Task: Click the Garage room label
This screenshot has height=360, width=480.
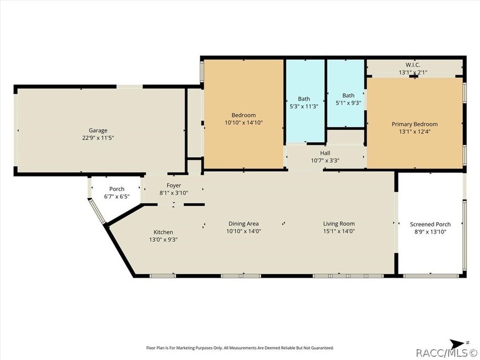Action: click(x=98, y=130)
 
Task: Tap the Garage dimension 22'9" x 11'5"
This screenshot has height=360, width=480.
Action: click(x=98, y=138)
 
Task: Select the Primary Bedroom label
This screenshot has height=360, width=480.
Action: click(x=414, y=124)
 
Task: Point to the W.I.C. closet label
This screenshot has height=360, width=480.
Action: click(x=413, y=65)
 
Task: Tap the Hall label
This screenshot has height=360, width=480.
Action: click(x=325, y=153)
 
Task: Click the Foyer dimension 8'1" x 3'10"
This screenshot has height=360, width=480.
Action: click(x=174, y=193)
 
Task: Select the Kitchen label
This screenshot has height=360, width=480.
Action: click(x=163, y=232)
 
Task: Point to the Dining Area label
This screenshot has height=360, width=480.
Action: click(x=243, y=224)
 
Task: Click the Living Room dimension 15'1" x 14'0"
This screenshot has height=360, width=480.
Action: click(x=339, y=231)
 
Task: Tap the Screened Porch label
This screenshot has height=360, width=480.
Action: click(x=430, y=225)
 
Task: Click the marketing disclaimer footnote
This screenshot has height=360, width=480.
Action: click(x=240, y=348)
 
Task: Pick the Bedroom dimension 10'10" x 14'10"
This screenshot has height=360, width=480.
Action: click(x=243, y=123)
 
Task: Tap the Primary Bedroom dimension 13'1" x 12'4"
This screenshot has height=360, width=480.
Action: click(x=414, y=131)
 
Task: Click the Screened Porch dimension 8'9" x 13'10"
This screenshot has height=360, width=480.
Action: click(x=430, y=232)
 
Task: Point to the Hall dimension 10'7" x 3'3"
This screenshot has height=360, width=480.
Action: click(x=325, y=160)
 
